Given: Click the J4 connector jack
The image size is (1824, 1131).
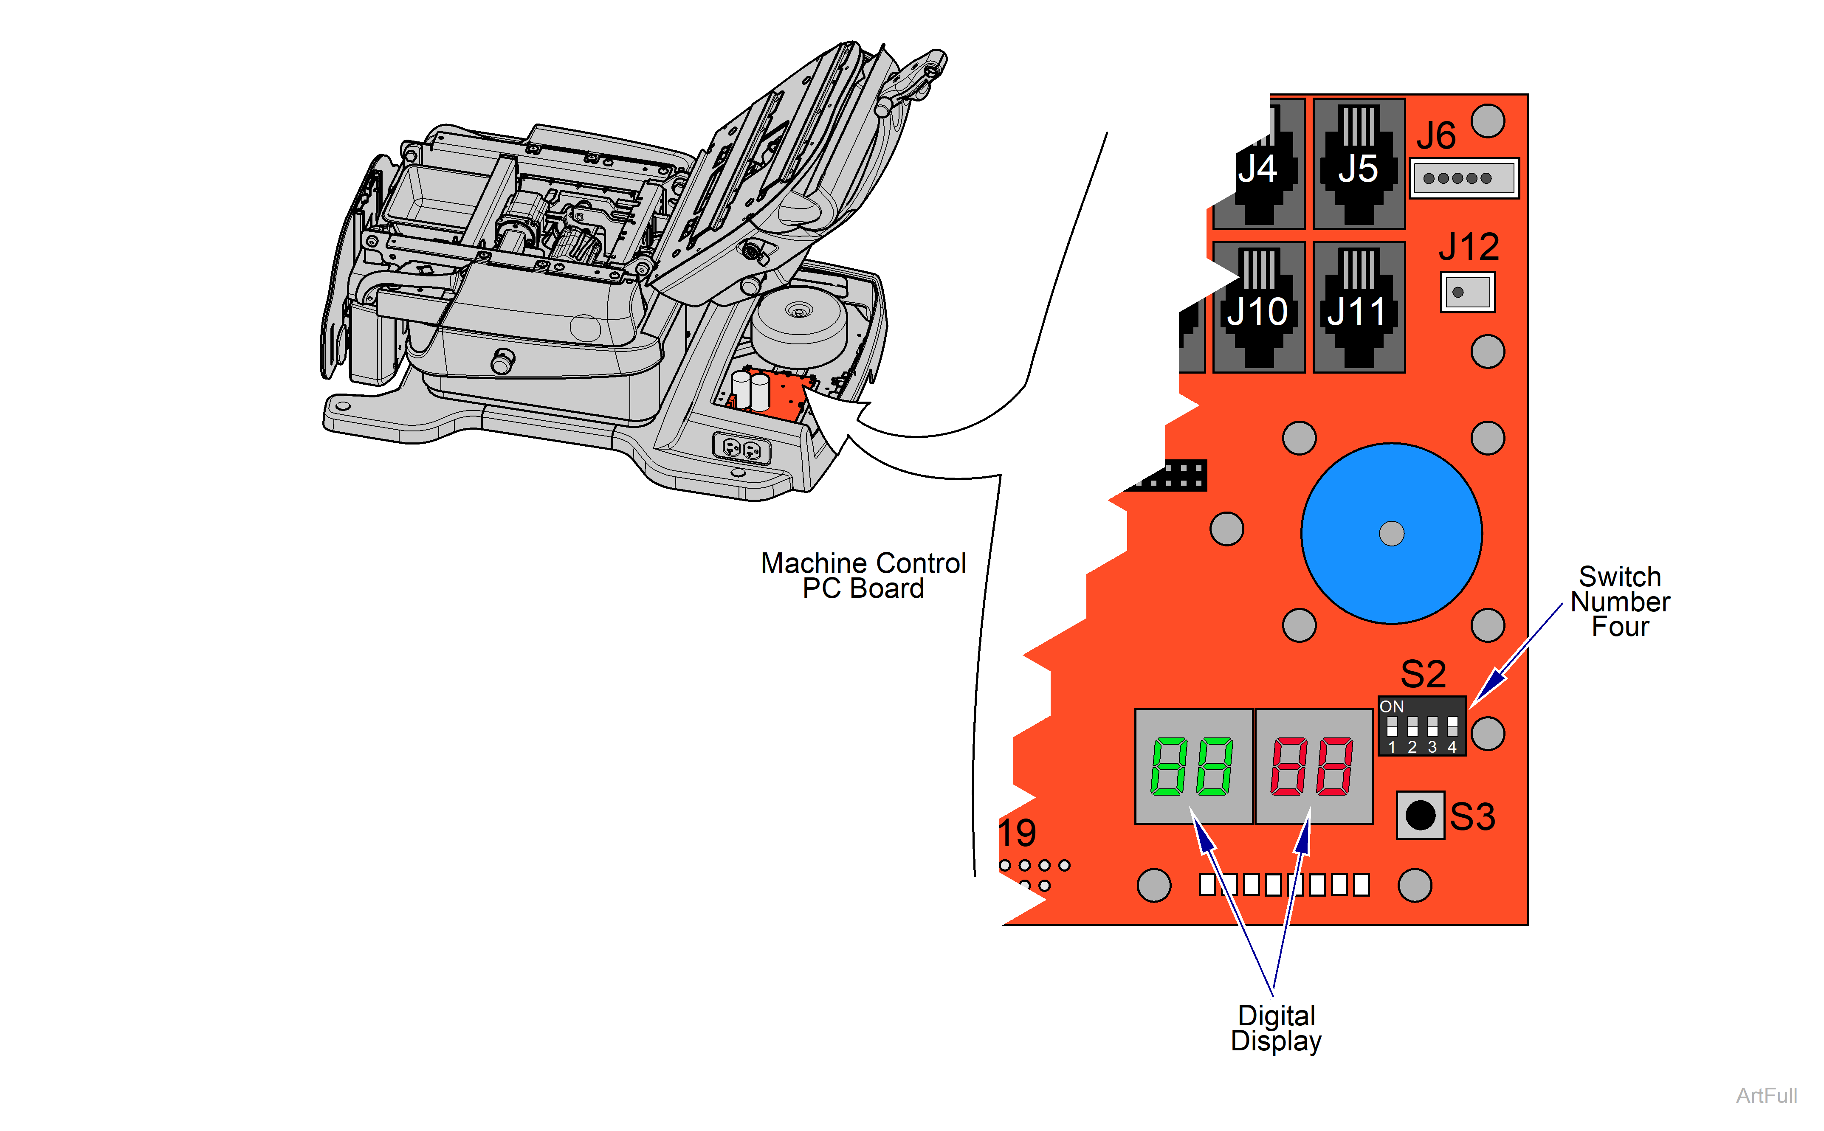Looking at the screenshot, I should [x=1259, y=165].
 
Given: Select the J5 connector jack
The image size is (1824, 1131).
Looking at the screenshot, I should [x=1359, y=165].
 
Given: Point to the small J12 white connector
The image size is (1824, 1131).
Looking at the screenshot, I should [x=1467, y=292].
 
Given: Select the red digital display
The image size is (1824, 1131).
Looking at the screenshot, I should [x=1313, y=767].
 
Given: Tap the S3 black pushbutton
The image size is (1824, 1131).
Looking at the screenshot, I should [x=1420, y=815].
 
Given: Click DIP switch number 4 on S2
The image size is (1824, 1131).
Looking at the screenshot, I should [x=1452, y=726].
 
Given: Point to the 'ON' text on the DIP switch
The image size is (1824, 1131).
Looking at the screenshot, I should [x=1392, y=706].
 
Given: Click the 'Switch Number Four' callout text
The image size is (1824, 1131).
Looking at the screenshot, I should [x=1620, y=602].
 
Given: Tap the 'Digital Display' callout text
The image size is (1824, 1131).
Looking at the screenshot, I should [x=1276, y=1029].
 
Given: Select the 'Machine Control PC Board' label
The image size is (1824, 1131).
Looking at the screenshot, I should [x=863, y=575].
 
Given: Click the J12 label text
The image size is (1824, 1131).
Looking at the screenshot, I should [x=1469, y=247].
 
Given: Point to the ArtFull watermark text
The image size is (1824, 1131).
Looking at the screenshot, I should [x=1766, y=1096].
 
